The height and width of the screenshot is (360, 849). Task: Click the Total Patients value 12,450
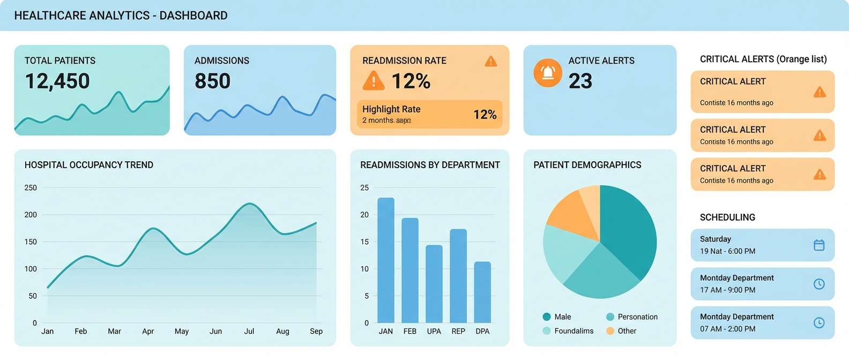click(57, 81)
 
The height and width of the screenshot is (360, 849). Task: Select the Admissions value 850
click(212, 81)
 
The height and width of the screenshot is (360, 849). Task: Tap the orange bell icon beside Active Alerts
click(547, 72)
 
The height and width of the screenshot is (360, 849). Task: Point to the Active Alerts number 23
click(580, 81)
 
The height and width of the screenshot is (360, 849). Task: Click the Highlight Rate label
click(391, 109)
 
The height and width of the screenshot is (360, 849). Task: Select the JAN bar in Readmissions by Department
click(386, 260)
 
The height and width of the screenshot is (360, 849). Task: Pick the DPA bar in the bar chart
click(482, 292)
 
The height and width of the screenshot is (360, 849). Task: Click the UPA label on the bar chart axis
click(434, 332)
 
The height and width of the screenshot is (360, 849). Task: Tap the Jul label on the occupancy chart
click(249, 332)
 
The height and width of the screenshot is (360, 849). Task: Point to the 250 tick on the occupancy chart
click(31, 188)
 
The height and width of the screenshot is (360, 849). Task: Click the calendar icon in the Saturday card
click(819, 245)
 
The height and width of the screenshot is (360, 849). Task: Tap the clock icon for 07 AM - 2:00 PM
click(819, 323)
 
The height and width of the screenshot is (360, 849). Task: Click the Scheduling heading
click(727, 217)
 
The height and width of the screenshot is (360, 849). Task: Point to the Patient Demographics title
click(587, 165)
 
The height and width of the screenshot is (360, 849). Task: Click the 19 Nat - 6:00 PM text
click(727, 251)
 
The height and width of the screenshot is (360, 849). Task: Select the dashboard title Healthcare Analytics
click(121, 16)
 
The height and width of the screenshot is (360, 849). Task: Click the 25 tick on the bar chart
click(364, 188)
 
